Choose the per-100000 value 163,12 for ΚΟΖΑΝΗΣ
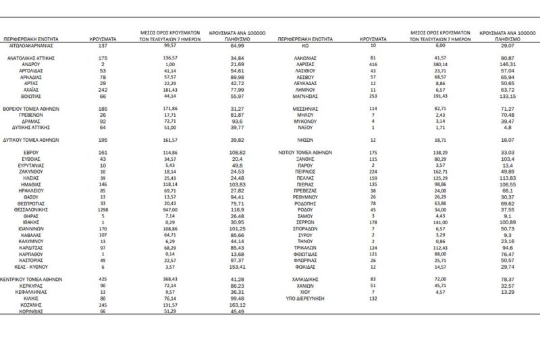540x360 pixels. [x=236, y=304]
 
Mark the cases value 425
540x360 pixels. [x=103, y=279]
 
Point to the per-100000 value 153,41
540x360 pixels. [x=236, y=267]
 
